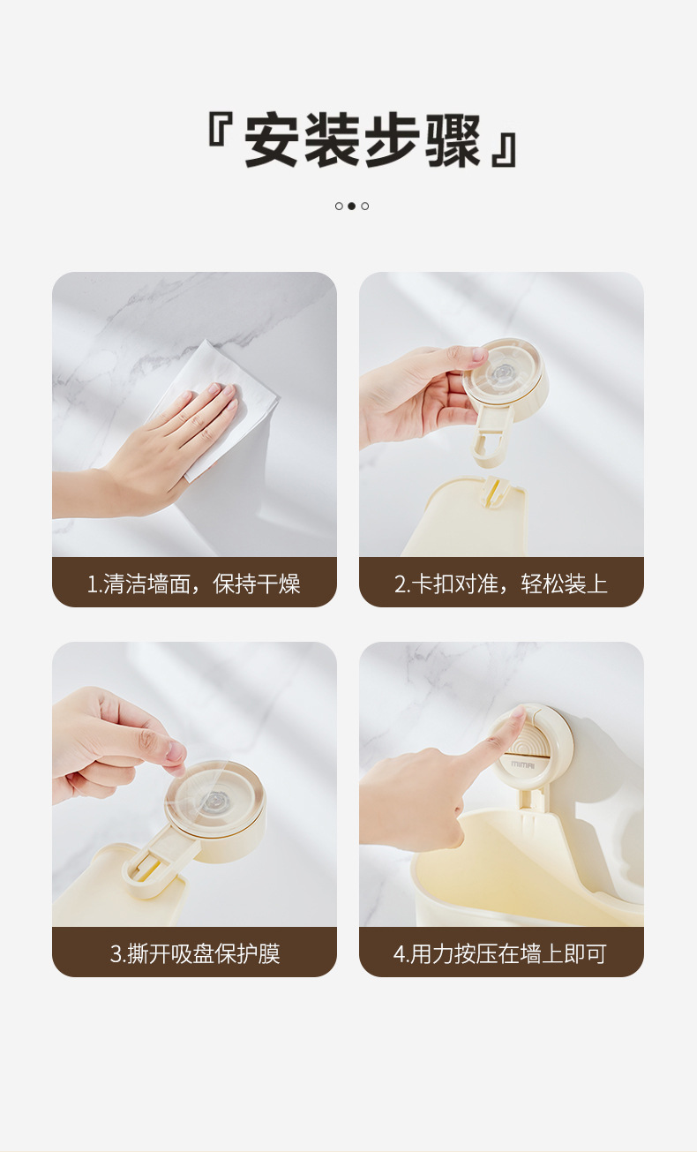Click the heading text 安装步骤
coord(362,139)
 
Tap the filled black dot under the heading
coord(351,207)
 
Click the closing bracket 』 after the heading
coord(505,150)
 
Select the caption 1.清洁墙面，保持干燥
coord(194,584)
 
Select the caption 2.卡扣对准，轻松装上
coord(500,584)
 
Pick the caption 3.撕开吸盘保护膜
coord(195,953)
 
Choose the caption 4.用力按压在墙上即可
coord(500,953)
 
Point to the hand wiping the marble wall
coord(154,453)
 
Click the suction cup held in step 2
coord(506,380)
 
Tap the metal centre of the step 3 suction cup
coord(211,802)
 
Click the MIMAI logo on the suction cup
coord(522,764)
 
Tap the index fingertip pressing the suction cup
coord(518,715)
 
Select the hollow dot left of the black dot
coord(339,207)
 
